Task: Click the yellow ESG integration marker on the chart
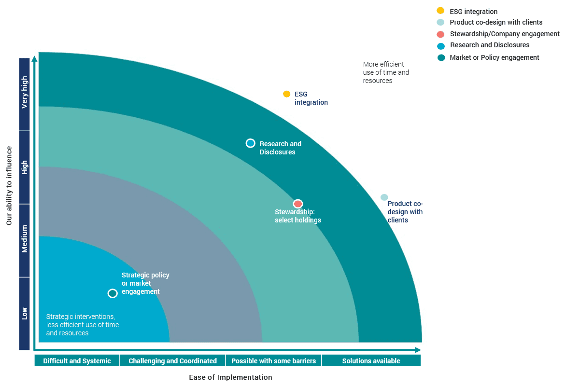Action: pyautogui.click(x=286, y=94)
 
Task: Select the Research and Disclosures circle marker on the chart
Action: pyautogui.click(x=250, y=143)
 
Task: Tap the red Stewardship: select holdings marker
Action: pyautogui.click(x=298, y=204)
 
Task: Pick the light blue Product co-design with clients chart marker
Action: pyautogui.click(x=384, y=197)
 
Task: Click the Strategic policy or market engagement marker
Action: pyautogui.click(x=113, y=293)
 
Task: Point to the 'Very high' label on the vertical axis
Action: pyautogui.click(x=25, y=95)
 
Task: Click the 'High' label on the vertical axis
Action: pyautogui.click(x=25, y=167)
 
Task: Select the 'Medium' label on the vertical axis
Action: pyautogui.click(x=25, y=240)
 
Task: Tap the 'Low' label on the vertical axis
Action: pyautogui.click(x=25, y=313)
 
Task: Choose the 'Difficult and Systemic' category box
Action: pyautogui.click(x=77, y=361)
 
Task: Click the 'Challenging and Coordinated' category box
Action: pyautogui.click(x=172, y=361)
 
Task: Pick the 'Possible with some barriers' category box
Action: pyautogui.click(x=273, y=361)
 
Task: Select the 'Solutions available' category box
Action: pyautogui.click(x=371, y=361)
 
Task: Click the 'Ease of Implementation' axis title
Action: pyautogui.click(x=230, y=377)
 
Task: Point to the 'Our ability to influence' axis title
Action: pyautogui.click(x=9, y=186)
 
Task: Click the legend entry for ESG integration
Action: pyautogui.click(x=473, y=12)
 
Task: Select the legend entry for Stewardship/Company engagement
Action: pyautogui.click(x=504, y=34)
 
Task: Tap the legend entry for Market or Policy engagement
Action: pyautogui.click(x=494, y=57)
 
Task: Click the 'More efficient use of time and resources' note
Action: pyautogui.click(x=386, y=72)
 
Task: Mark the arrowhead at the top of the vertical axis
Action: pyautogui.click(x=34, y=59)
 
